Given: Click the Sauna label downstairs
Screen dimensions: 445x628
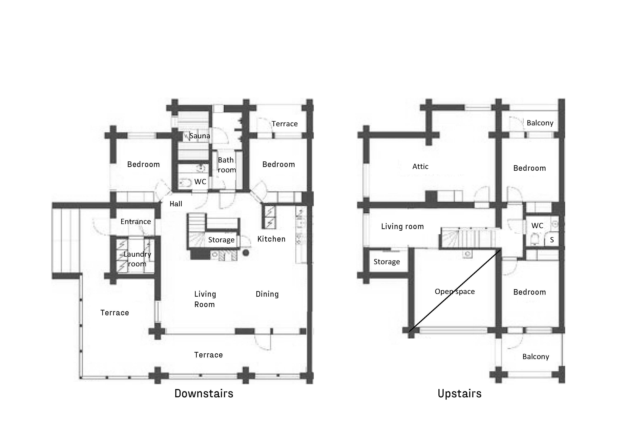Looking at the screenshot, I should point(200,136).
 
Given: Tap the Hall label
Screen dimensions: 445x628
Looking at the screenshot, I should point(176,204).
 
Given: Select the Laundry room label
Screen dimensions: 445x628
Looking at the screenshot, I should point(137,259).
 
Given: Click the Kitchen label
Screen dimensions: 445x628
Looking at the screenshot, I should point(271,239).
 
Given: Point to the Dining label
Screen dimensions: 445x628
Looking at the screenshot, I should point(267,294).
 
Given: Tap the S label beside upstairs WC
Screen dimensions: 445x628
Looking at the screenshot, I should point(552,240).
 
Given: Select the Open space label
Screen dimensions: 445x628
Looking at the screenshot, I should point(455,291).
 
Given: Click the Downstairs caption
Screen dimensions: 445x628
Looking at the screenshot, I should point(204,394).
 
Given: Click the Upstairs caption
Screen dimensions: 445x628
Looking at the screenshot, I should point(460,394).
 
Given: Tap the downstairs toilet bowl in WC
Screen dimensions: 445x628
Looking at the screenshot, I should point(186,182).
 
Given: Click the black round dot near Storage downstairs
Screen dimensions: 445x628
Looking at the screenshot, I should point(246,253).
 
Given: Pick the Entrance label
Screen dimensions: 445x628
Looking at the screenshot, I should point(136,221).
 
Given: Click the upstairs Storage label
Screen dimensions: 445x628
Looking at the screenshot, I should point(387,262).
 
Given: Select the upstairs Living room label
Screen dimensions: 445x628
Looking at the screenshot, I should point(402,226).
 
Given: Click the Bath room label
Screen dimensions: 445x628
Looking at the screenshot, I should point(226,165).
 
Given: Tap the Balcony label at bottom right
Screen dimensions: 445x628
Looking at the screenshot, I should point(536,357).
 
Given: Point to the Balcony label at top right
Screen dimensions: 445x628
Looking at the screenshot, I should point(540,123).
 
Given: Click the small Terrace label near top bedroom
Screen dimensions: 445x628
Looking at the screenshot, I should point(284,124).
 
